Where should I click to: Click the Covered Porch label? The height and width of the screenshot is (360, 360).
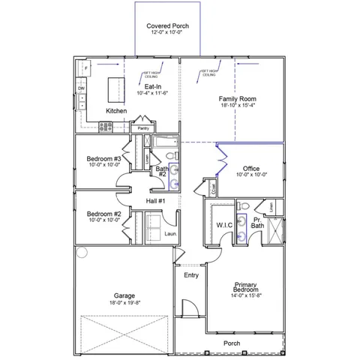pyautogui.click(x=167, y=26)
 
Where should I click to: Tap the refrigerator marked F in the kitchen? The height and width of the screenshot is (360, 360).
pyautogui.click(x=85, y=68)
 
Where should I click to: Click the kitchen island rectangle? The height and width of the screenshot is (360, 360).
pyautogui.click(x=116, y=91)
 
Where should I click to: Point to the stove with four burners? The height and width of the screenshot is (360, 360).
pyautogui.click(x=106, y=127)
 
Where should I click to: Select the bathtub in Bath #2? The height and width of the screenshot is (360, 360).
pyautogui.click(x=164, y=142)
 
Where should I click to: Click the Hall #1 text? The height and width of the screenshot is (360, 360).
pyautogui.click(x=155, y=201)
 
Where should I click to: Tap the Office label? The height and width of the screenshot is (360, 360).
pyautogui.click(x=250, y=169)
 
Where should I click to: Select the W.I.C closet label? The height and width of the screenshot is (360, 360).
pyautogui.click(x=224, y=225)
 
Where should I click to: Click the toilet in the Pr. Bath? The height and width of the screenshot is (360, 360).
pyautogui.click(x=244, y=206)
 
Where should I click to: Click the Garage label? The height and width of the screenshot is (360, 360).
pyautogui.click(x=124, y=295)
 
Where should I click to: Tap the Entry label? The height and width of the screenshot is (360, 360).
pyautogui.click(x=191, y=276)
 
